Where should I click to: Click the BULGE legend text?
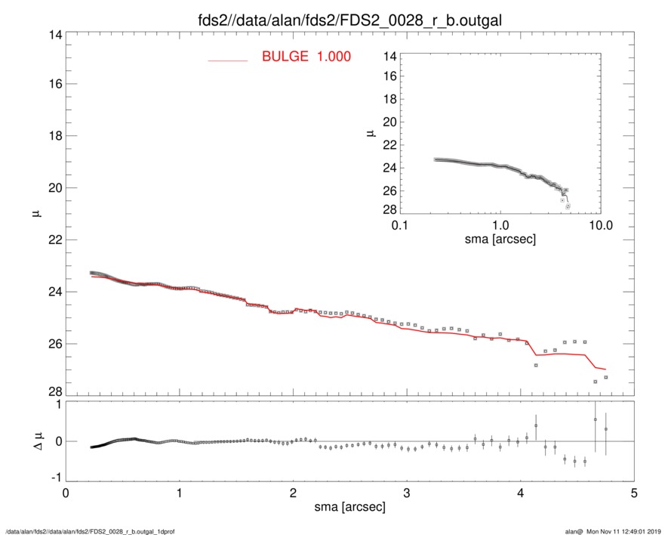click(306, 57)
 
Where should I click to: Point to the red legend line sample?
click(227, 60)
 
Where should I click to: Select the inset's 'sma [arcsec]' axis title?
click(499, 240)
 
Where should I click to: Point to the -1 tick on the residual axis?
click(54, 478)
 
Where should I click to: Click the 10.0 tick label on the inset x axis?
click(599, 225)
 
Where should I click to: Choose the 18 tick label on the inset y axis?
click(389, 100)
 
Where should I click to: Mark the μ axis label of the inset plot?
click(371, 134)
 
